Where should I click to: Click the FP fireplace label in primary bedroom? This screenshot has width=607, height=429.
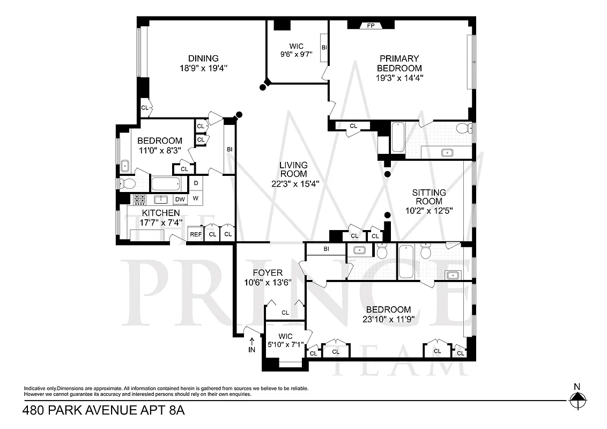371,25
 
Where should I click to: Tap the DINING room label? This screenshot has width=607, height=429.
203,58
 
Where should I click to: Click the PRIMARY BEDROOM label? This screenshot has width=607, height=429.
399,63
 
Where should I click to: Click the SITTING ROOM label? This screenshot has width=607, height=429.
429,197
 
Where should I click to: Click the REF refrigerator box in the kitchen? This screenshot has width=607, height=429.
196,234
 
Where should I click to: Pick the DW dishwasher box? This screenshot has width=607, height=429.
180,199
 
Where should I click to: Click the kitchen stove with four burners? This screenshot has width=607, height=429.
140,199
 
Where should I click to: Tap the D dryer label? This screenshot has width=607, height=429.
196,183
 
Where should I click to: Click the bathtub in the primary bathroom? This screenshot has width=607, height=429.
397,138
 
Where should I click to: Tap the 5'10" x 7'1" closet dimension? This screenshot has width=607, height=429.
285,345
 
